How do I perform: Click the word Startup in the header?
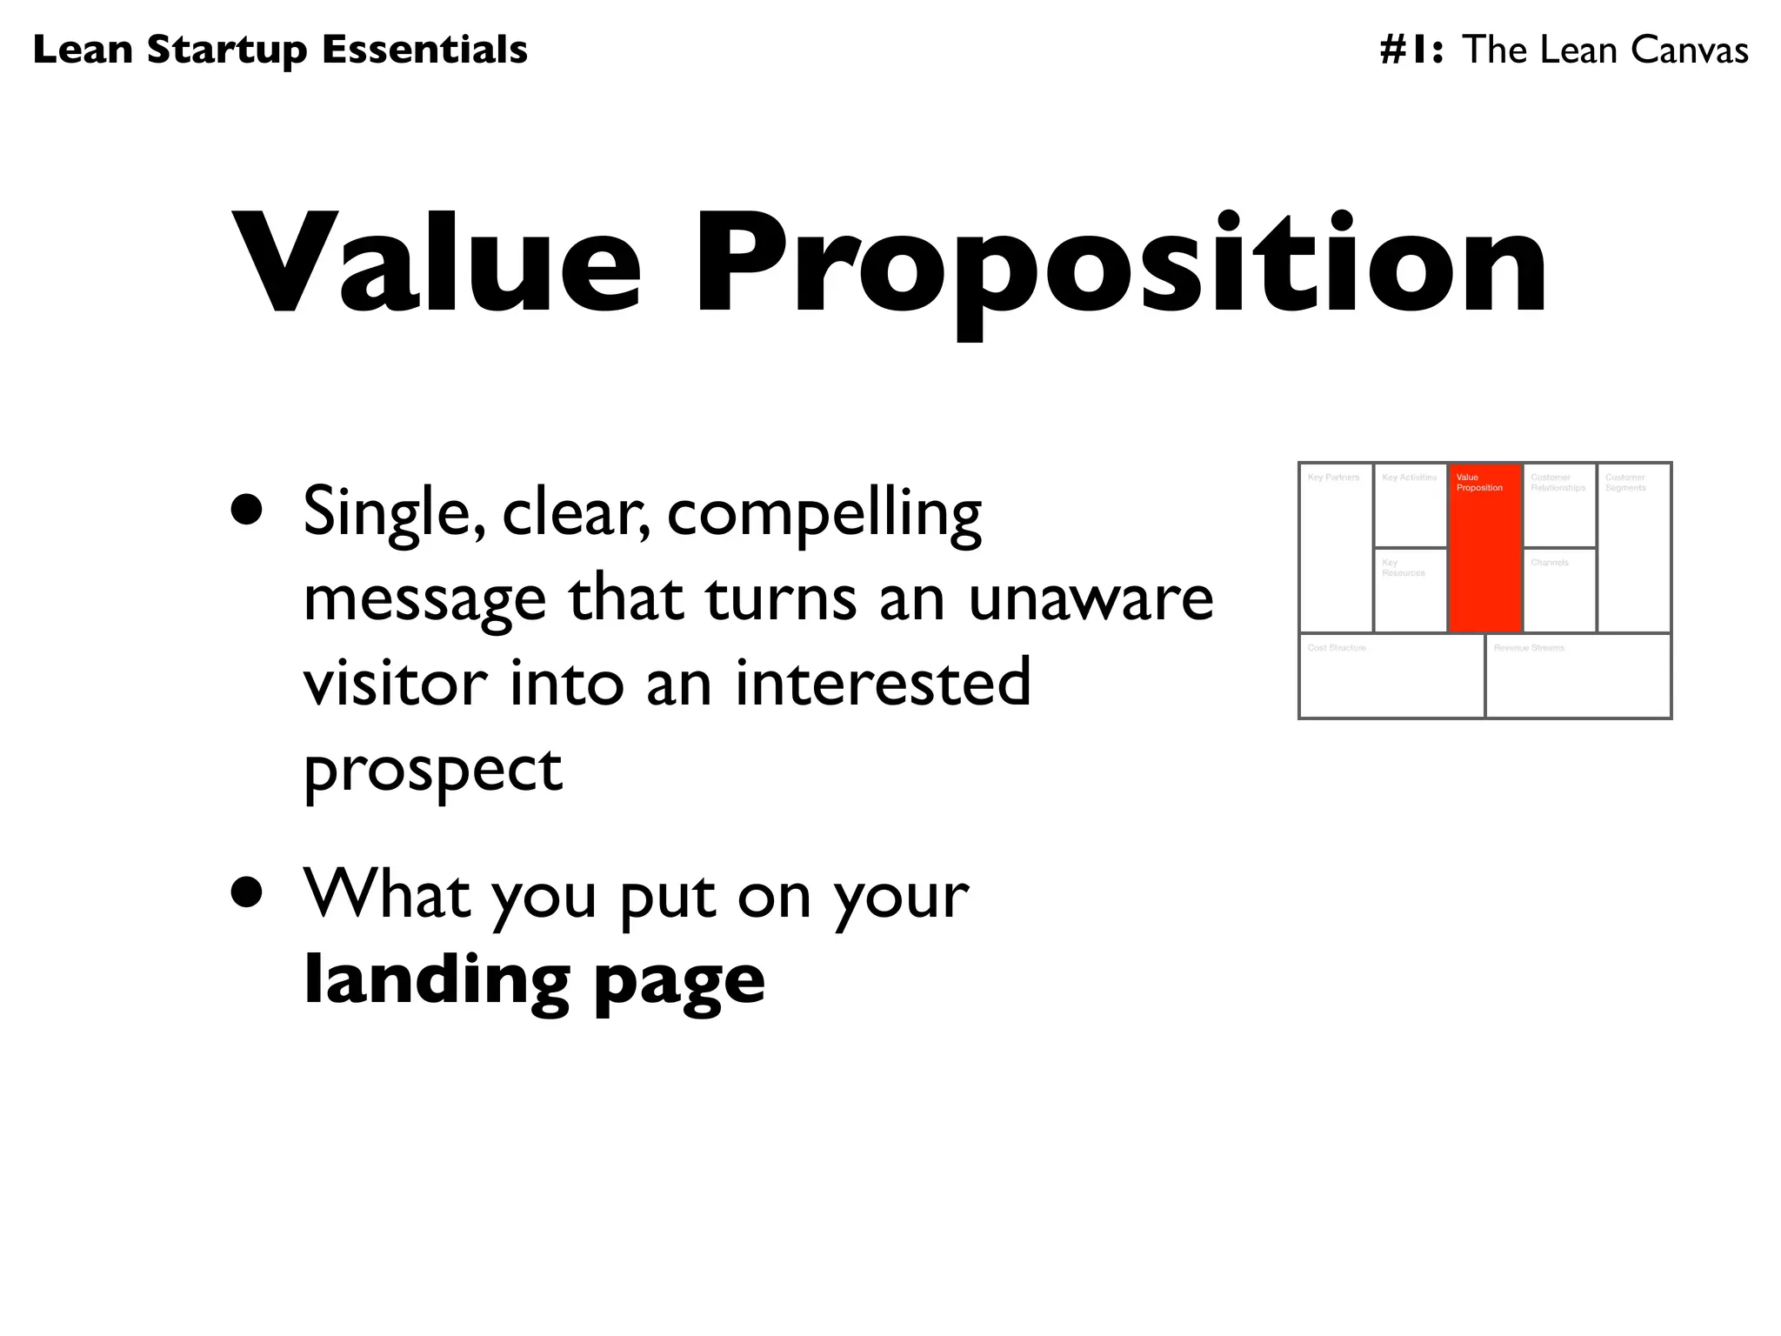[x=227, y=50]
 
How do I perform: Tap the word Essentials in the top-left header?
[x=424, y=50]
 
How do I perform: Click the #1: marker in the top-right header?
[x=1412, y=50]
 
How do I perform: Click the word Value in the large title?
[x=436, y=261]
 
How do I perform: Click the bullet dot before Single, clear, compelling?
[x=247, y=511]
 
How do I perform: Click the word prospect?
[x=432, y=771]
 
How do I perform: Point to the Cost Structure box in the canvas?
[x=1391, y=677]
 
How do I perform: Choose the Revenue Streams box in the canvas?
[x=1578, y=677]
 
